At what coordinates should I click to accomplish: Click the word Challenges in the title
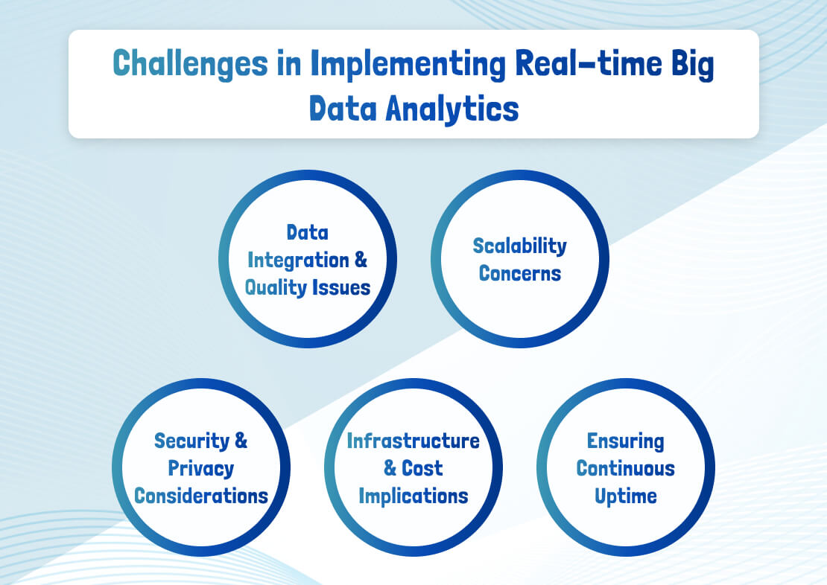190,65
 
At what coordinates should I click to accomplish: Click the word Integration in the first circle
298,260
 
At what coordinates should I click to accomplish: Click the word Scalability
519,246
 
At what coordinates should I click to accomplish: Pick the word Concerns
519,273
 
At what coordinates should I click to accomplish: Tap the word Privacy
200,468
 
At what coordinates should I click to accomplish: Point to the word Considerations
200,496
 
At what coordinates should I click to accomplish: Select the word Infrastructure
413,441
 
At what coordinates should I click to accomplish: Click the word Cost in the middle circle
422,468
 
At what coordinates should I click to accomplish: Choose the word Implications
413,496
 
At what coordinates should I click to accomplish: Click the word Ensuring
625,441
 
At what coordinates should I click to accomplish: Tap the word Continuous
625,468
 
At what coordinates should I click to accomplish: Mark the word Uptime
625,496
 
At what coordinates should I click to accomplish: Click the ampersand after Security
241,441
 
